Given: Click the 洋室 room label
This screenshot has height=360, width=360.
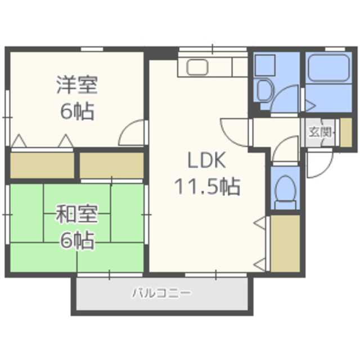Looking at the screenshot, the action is point(78,84).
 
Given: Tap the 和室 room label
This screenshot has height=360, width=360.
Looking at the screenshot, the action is point(78,214).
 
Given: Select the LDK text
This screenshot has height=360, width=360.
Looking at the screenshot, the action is point(206,160).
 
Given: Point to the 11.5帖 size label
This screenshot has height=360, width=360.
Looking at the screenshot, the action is point(208,186).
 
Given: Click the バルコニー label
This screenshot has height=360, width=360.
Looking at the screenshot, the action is point(161,293).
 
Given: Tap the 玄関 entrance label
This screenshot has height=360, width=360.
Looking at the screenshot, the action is point(320,132).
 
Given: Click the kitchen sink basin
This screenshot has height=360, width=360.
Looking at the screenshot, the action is point(197,67).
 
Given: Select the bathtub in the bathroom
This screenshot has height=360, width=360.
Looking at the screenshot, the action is point(328,67).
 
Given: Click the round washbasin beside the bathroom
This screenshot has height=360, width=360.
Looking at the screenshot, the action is point(264,91).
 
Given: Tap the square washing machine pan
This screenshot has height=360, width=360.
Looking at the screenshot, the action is point(265,65).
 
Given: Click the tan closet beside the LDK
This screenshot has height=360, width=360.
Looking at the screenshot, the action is point(285,244).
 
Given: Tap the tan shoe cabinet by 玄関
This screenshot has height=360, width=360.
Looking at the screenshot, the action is point(346,132).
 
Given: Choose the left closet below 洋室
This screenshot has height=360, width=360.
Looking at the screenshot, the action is point(42,165).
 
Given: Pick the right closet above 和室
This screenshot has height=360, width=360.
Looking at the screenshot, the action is point(111,165).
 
